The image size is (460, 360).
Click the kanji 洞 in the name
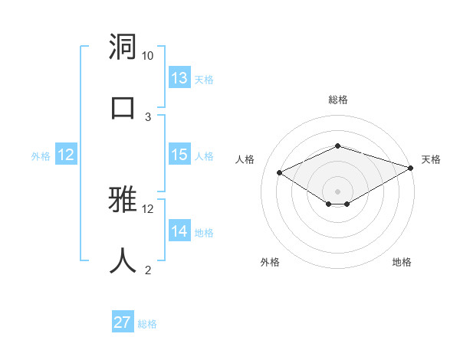tap(123, 48)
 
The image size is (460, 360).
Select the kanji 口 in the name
tap(123, 106)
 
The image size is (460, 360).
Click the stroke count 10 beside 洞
tap(148, 56)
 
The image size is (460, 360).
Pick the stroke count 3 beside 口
tap(148, 116)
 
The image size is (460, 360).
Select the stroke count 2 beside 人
tap(148, 270)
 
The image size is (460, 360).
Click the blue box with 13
tap(179, 78)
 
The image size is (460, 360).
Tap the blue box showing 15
tap(179, 155)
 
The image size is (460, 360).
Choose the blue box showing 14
tap(179, 231)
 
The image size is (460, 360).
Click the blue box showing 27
tap(123, 322)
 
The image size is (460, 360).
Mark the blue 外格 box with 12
tap(66, 155)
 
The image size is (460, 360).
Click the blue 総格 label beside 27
tap(147, 324)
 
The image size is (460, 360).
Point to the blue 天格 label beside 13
tap(203, 80)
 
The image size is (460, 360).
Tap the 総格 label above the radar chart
tap(337, 100)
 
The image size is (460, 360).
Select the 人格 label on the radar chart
tap(245, 159)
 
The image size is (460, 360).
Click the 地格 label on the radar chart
tap(402, 263)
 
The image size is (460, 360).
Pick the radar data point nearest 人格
tap(280, 172)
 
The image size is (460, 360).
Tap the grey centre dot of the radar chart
tap(337, 191)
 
